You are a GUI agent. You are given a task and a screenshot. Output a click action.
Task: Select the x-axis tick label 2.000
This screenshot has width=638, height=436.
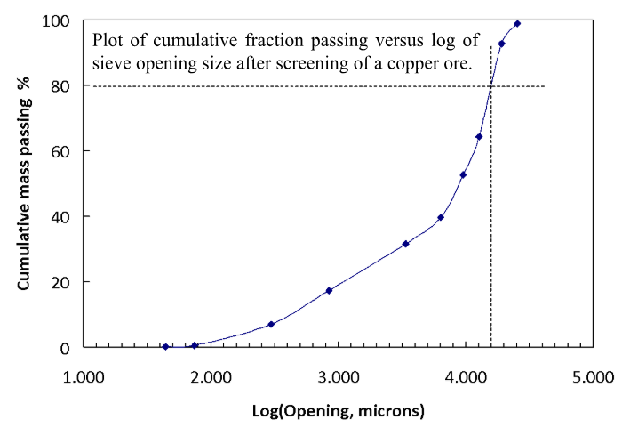211,376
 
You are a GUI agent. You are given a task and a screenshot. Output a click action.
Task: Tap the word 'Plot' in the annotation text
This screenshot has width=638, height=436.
109,41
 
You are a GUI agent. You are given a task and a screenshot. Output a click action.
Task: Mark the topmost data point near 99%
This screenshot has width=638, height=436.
517,23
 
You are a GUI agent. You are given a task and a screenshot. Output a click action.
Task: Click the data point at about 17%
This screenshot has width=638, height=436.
329,290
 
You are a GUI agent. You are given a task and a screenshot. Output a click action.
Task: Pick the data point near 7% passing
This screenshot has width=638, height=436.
271,324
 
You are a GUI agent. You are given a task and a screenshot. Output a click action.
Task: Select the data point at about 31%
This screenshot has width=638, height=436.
405,243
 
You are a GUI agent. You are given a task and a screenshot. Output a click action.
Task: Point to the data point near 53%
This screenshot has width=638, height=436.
463,174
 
